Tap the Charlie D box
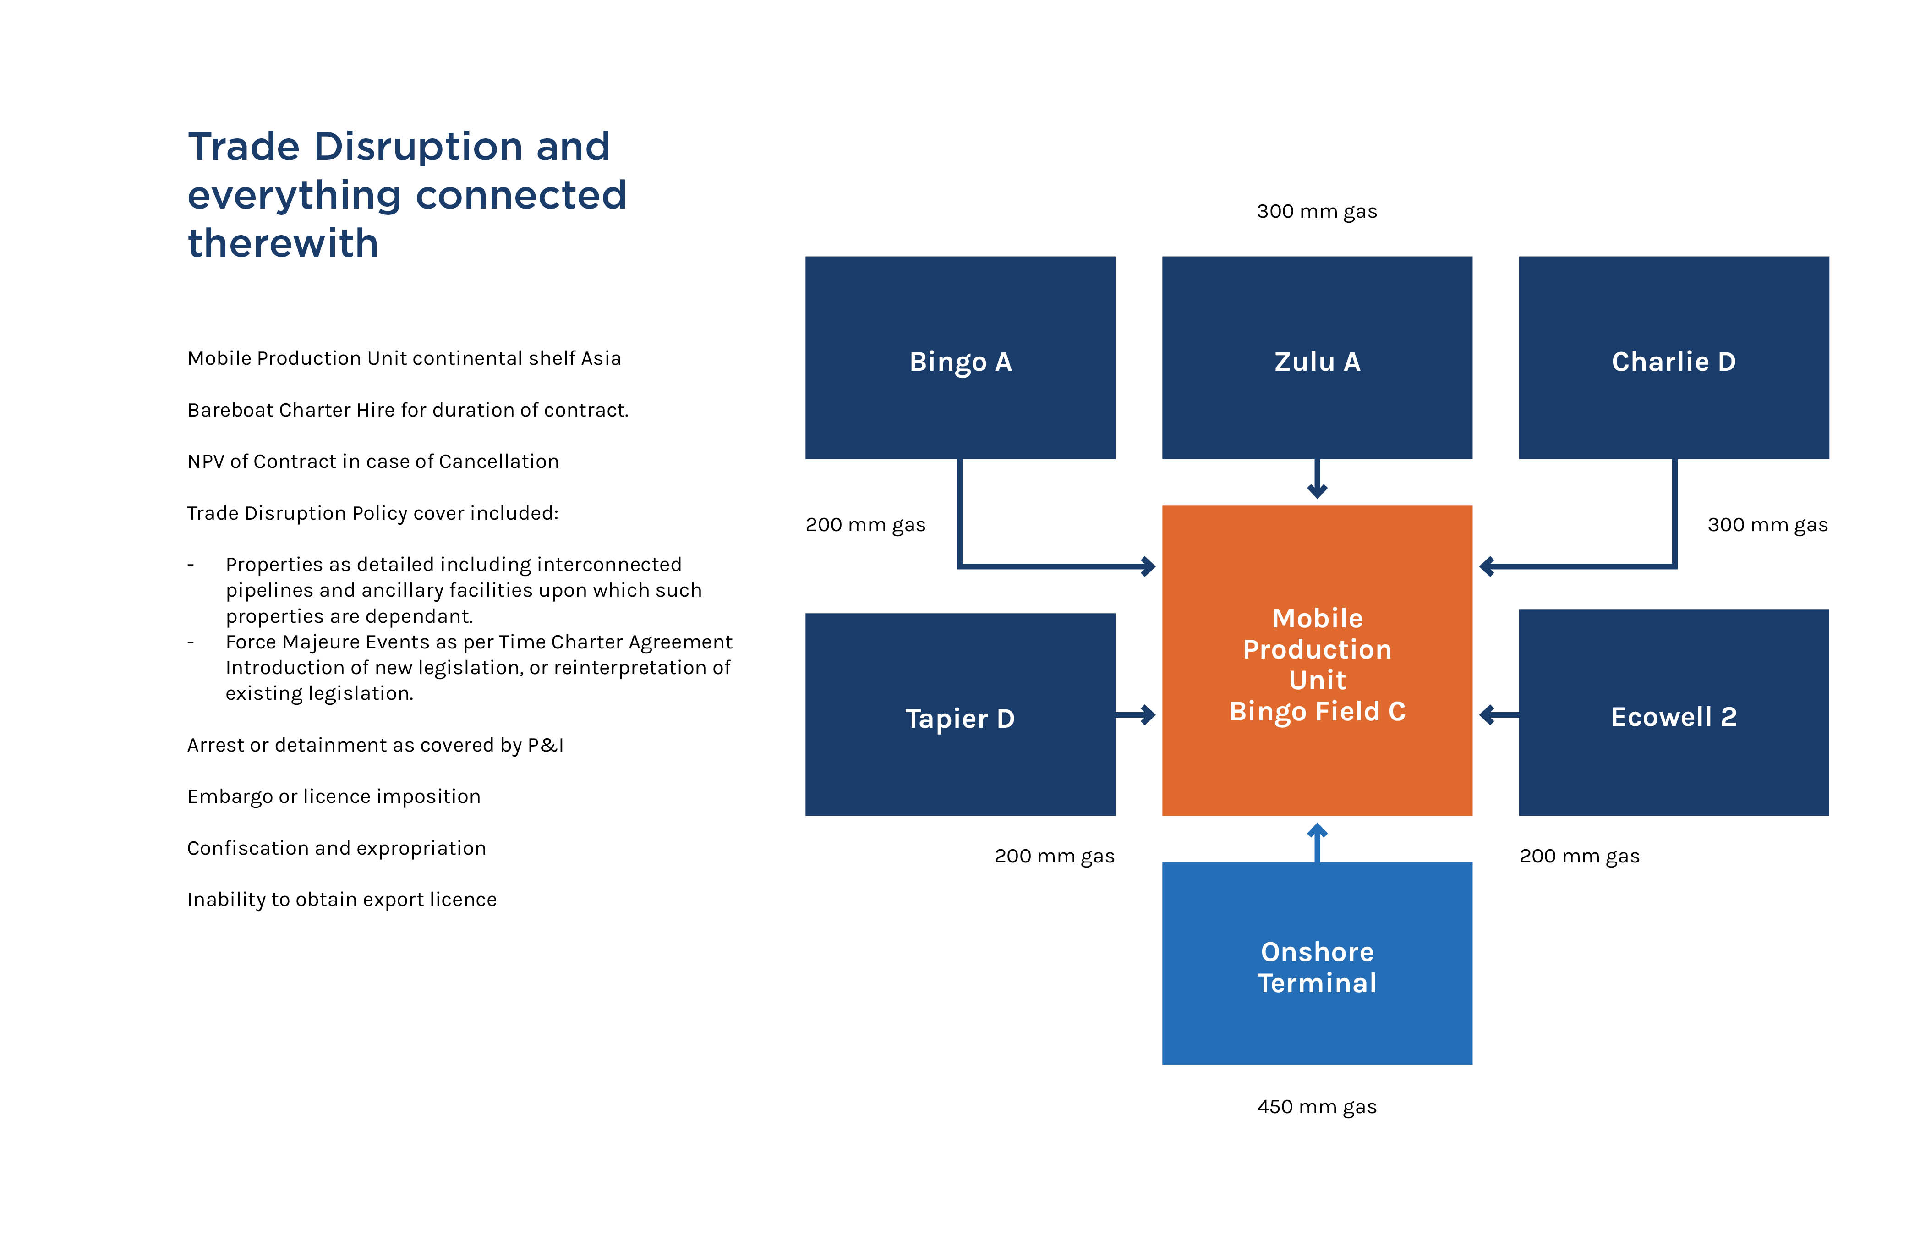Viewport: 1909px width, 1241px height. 1673,358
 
